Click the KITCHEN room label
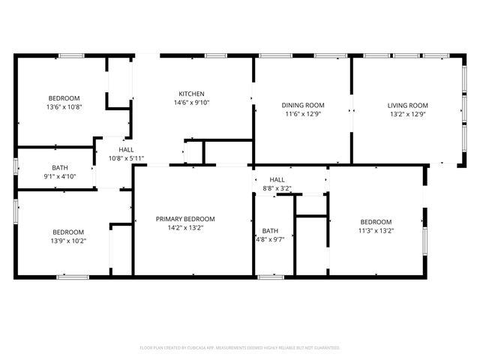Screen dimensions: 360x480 (191, 94)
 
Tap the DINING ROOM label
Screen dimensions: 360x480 (303, 105)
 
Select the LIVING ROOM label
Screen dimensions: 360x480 (407, 105)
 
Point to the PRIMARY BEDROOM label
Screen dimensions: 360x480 (185, 219)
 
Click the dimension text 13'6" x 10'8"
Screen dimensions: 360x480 (64, 107)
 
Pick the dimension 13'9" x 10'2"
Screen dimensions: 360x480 (67, 241)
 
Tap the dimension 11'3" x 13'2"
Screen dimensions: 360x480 (376, 231)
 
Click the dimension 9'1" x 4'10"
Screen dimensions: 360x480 (61, 177)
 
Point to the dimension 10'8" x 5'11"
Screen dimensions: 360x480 (126, 158)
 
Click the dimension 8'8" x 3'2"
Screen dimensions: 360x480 (277, 189)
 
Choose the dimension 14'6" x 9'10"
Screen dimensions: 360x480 (191, 103)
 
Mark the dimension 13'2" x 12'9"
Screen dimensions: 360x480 (407, 114)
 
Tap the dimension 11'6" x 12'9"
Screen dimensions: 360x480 (303, 114)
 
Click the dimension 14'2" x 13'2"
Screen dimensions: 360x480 (185, 228)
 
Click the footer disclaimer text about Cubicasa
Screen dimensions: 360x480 (240, 348)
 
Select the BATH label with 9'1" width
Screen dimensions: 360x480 (61, 168)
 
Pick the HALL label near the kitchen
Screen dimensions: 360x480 (126, 149)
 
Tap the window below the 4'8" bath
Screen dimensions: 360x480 (271, 277)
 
